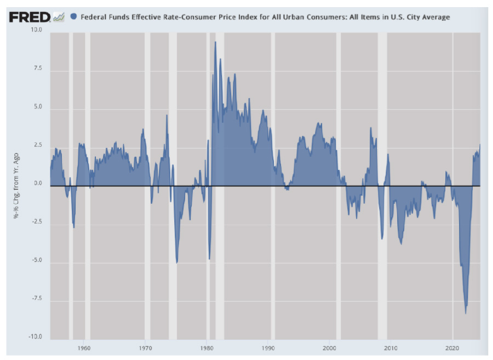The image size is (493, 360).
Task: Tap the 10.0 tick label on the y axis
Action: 36,29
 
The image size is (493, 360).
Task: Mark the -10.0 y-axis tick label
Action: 35,337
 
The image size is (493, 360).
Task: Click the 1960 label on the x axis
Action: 84,348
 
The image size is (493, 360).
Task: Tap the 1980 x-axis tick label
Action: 207,348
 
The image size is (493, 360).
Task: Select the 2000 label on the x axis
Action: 329,348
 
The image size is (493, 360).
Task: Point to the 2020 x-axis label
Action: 452,348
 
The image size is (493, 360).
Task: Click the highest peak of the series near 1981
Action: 215,42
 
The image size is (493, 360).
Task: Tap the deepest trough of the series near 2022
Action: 466,313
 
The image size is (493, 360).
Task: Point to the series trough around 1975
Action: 176,262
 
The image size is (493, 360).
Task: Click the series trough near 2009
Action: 382,238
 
